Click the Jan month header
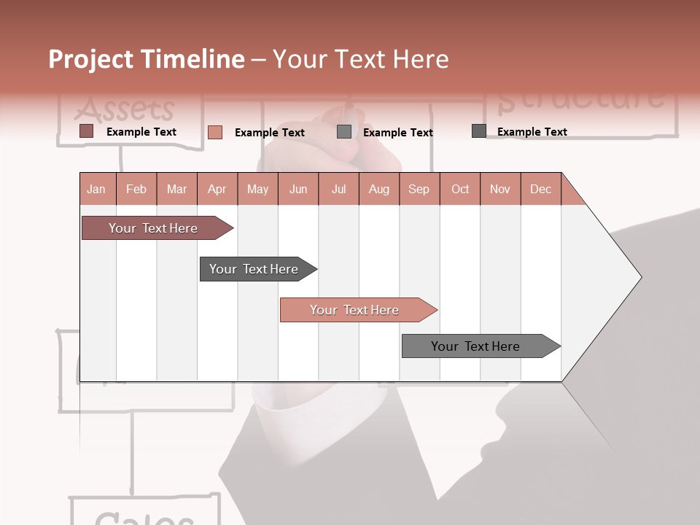click(97, 189)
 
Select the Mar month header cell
click(176, 189)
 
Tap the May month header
click(257, 189)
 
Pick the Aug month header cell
click(378, 189)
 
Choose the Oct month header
click(460, 189)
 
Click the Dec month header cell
click(540, 189)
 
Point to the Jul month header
click(338, 189)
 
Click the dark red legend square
click(87, 131)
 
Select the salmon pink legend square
click(215, 132)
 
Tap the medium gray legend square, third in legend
click(344, 132)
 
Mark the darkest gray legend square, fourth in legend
click(479, 131)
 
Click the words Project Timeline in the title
click(147, 59)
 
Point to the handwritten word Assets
click(125, 109)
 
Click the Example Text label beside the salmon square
click(269, 133)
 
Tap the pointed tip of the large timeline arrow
click(639, 277)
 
